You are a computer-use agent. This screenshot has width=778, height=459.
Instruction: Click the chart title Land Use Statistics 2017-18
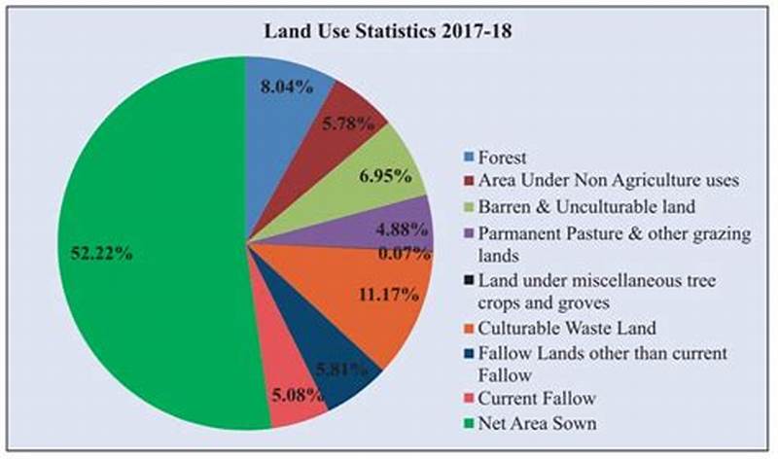(x=389, y=29)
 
